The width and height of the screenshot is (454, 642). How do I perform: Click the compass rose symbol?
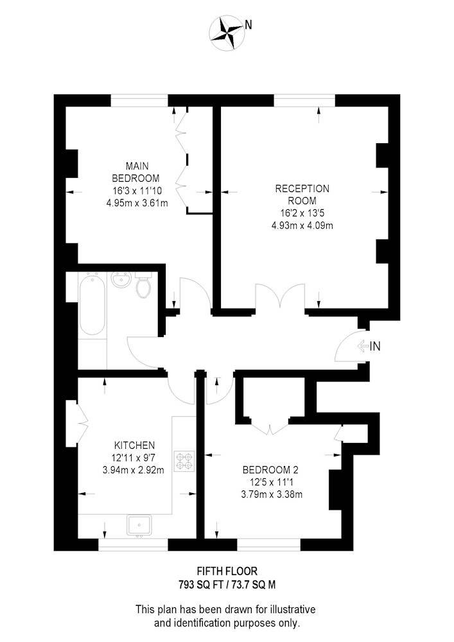tap(227, 33)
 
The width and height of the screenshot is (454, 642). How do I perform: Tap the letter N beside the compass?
tap(248, 26)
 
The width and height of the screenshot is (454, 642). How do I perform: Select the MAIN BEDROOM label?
tap(136, 172)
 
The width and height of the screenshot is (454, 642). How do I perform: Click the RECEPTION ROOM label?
tap(302, 195)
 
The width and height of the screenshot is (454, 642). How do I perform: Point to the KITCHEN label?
tap(134, 445)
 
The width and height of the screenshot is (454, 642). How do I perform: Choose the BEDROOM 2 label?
tap(273, 470)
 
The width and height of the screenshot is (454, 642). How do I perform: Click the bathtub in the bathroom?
tap(92, 304)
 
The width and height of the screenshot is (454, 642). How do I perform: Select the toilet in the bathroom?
tap(143, 285)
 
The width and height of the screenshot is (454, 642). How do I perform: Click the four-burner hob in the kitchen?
tap(184, 460)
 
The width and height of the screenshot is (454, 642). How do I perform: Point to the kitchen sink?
tap(139, 525)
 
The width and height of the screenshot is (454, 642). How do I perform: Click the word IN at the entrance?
tap(375, 347)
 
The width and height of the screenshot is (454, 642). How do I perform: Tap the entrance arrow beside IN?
tap(363, 347)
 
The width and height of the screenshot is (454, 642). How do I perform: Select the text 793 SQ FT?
tap(199, 585)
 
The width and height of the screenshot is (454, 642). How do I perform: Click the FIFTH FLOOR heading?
tap(227, 571)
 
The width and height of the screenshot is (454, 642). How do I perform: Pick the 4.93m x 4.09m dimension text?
tap(302, 225)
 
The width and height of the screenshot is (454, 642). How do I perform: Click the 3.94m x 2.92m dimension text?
tap(134, 470)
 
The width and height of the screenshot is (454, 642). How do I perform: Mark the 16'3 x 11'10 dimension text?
tap(137, 191)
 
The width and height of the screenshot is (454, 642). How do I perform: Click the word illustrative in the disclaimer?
tap(293, 609)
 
